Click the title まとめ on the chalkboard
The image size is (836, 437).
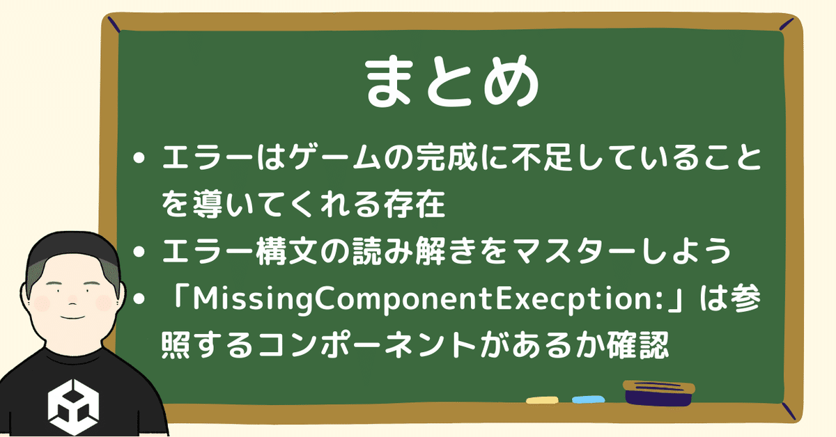pyautogui.click(x=451, y=81)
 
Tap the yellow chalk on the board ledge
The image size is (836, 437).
pyautogui.click(x=542, y=400)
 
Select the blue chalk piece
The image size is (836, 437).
pyautogui.click(x=589, y=399)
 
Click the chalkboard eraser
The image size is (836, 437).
pyautogui.click(x=659, y=392)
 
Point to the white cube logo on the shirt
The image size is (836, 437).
pyautogui.click(x=74, y=407)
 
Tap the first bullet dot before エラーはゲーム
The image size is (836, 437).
pyautogui.click(x=139, y=158)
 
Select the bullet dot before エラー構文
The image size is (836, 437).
pyautogui.click(x=139, y=252)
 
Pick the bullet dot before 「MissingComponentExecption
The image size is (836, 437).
pyautogui.click(x=139, y=299)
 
